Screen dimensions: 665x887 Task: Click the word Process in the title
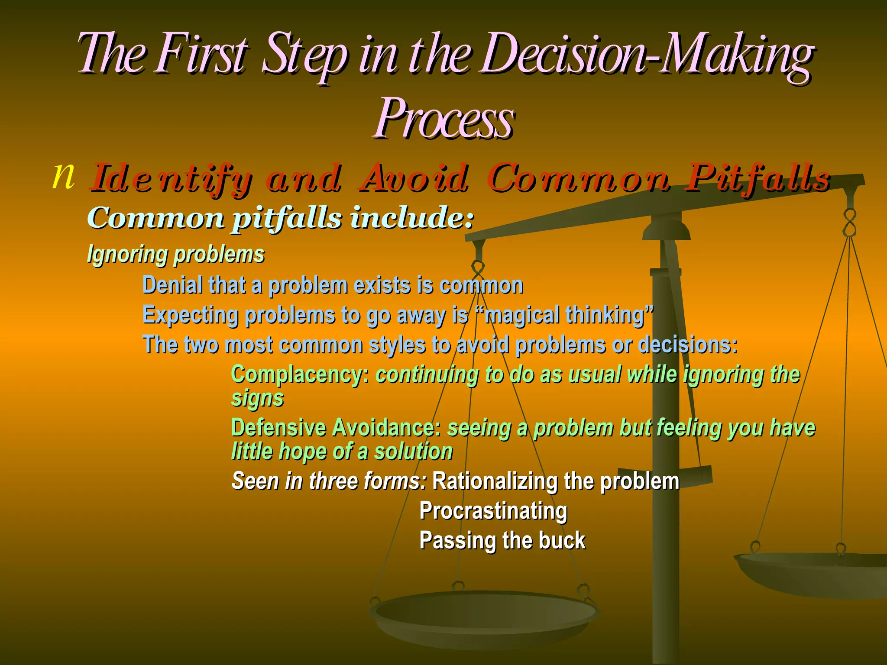click(x=444, y=119)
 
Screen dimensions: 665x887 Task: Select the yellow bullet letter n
click(x=63, y=176)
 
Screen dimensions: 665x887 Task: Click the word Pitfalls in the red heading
click(x=758, y=178)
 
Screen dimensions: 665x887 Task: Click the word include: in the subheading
click(x=411, y=218)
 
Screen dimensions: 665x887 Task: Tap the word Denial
click(x=172, y=285)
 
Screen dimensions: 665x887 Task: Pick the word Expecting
click(x=191, y=316)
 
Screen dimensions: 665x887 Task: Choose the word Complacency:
click(x=300, y=374)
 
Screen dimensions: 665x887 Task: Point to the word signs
click(x=257, y=398)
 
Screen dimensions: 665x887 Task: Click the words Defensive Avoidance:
click(x=336, y=428)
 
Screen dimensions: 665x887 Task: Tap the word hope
click(x=303, y=452)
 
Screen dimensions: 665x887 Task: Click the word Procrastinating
click(x=493, y=511)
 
